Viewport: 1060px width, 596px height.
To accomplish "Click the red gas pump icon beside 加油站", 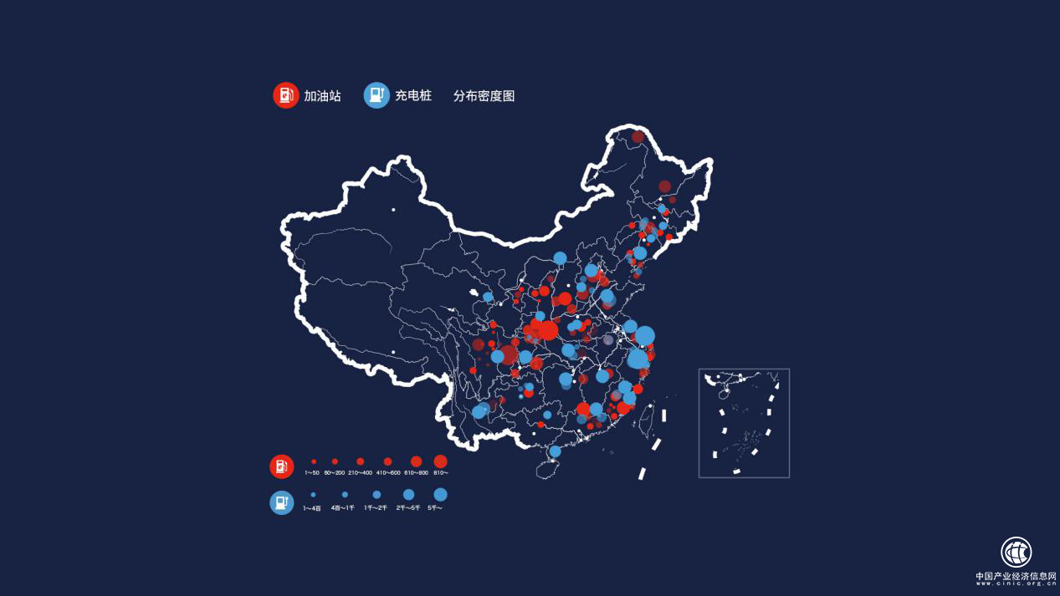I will [286, 95].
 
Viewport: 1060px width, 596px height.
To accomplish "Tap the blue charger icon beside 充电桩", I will [376, 95].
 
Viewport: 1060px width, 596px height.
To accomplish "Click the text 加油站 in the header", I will [322, 96].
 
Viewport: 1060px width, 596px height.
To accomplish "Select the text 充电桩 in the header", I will [413, 96].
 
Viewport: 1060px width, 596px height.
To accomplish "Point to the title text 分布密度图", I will [484, 96].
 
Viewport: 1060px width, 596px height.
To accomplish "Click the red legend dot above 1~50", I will [314, 461].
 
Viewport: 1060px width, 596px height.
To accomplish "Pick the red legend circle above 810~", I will [440, 461].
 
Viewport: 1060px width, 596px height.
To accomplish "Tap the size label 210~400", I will [361, 473].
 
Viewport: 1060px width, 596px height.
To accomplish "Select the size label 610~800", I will [416, 473].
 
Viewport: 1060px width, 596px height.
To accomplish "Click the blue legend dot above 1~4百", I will [313, 495].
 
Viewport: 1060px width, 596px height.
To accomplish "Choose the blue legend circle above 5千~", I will [440, 495].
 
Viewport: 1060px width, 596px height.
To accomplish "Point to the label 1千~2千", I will [376, 507].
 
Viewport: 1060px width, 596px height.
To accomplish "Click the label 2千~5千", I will [407, 507].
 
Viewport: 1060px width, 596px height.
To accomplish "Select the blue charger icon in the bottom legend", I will [282, 502].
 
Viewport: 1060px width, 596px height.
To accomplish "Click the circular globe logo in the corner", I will [1016, 552].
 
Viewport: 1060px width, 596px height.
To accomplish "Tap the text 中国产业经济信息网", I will [1015, 576].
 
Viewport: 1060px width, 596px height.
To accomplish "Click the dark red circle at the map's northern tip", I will [638, 136].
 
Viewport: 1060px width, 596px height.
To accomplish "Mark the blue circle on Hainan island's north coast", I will [555, 451].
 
